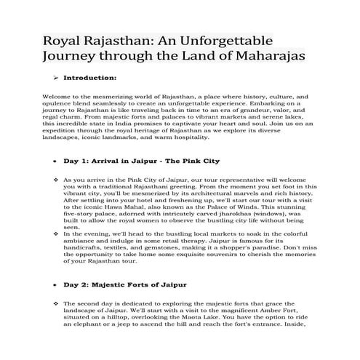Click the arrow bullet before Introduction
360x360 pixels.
(x=55, y=76)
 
